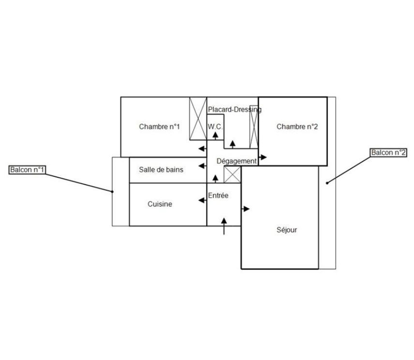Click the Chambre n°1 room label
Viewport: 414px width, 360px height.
159,127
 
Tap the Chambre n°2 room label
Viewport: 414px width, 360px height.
297,127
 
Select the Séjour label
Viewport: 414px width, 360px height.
286,230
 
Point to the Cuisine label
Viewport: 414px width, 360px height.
160,204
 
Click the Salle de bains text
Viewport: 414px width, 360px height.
161,170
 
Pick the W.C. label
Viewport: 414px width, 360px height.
215,127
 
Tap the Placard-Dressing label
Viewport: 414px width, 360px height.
235,110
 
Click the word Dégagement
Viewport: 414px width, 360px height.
236,161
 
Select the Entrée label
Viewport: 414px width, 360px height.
218,196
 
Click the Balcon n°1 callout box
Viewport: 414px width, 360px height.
28,170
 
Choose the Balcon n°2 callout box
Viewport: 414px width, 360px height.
388,153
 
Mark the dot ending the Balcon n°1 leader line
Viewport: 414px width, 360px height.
113,192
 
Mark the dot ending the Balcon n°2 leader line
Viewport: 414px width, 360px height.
327,183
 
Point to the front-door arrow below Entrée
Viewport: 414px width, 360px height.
224,226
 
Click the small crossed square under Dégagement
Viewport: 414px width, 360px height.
232,174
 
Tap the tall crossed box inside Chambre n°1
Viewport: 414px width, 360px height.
198,118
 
